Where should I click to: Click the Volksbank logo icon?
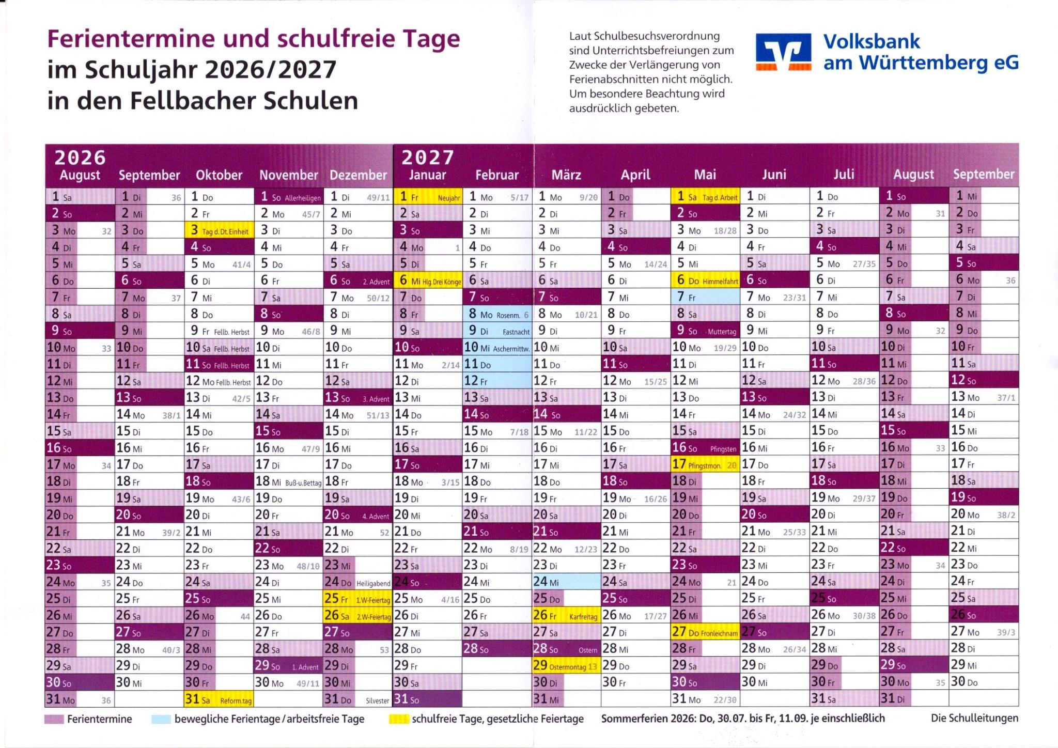[x=783, y=52]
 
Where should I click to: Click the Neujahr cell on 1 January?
[x=428, y=197]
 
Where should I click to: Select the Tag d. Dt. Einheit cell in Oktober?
[x=219, y=230]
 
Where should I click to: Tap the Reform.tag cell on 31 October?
[x=219, y=699]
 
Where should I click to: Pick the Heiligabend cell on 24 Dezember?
[x=357, y=582]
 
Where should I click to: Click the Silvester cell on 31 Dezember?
[x=357, y=699]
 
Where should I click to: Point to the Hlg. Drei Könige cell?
[x=428, y=280]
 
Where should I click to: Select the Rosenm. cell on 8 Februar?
[x=497, y=314]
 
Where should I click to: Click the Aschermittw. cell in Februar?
[x=497, y=348]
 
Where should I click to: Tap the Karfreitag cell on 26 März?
[x=566, y=615]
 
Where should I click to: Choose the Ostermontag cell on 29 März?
[x=566, y=666]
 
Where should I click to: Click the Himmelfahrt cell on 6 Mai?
[x=705, y=280]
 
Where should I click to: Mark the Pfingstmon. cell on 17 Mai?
[x=705, y=464]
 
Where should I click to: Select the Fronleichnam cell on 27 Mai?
[x=705, y=632]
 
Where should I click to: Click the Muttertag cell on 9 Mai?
[x=705, y=331]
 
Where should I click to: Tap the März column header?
[x=566, y=175]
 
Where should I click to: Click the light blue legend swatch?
[x=161, y=719]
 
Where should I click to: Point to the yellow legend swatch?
[x=398, y=719]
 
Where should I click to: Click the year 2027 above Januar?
[x=428, y=157]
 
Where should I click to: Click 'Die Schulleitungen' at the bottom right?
[x=974, y=718]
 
